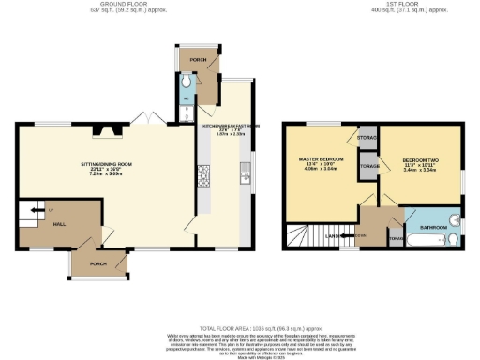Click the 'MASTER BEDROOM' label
tap(321, 158)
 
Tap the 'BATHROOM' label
tap(433, 228)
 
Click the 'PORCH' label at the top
tap(198, 59)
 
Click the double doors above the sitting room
tap(147, 121)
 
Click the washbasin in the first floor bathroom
tap(454, 221)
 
